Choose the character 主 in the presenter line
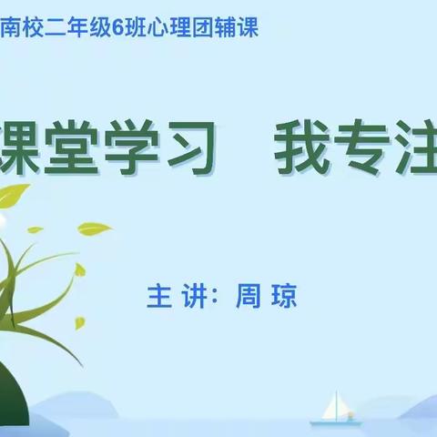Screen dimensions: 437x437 click(158, 298)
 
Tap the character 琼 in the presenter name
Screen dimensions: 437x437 click(285, 298)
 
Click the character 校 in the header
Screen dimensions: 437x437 click(32, 28)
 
